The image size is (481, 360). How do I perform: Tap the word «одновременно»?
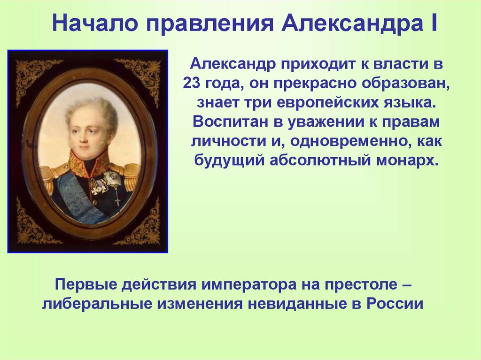(347, 141)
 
